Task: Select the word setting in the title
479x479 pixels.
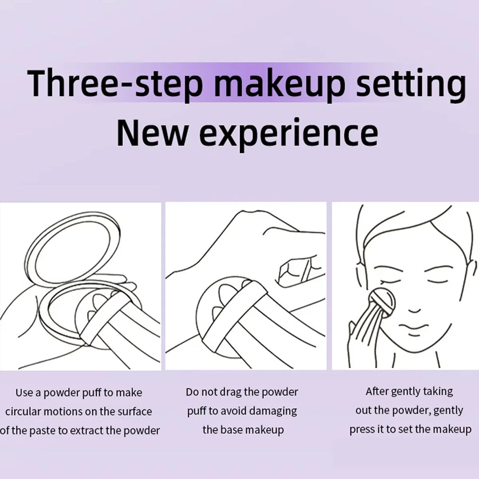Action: click(x=411, y=84)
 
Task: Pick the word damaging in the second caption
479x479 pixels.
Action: click(x=272, y=411)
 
